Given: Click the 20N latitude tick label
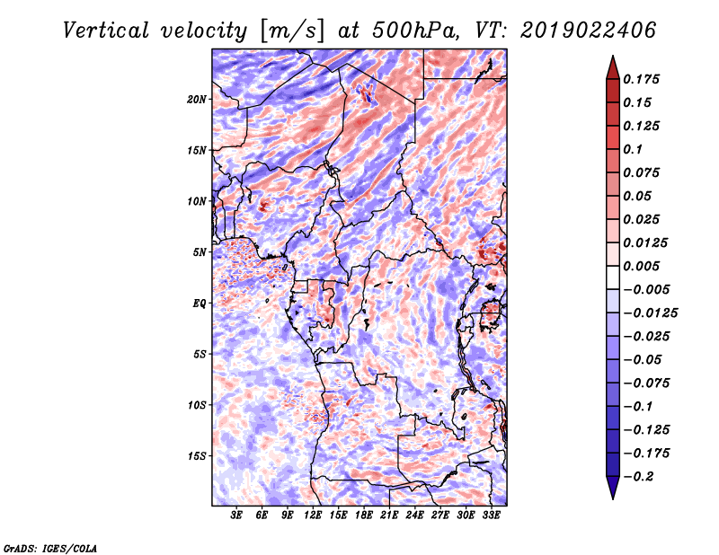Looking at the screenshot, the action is [x=197, y=100].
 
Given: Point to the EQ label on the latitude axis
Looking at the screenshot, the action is [x=200, y=304].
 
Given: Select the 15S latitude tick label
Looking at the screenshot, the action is [x=197, y=456].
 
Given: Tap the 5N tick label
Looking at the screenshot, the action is [x=200, y=252].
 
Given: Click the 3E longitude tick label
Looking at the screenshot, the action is [x=236, y=515].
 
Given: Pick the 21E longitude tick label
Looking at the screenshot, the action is [x=389, y=515].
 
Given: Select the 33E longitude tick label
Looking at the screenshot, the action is [x=491, y=515].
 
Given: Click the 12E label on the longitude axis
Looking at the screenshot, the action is [x=313, y=515].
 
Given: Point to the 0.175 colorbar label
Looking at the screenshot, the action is [x=641, y=79].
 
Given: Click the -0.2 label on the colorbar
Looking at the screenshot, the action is [x=639, y=477].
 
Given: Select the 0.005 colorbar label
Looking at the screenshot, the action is [x=641, y=266].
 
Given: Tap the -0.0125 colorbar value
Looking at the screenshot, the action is [x=650, y=313].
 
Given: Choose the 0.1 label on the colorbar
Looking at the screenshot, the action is [x=633, y=149].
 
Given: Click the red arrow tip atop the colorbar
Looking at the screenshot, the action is [x=613, y=56].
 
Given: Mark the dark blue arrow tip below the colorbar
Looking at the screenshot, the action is [x=613, y=498].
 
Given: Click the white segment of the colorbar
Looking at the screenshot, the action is [x=613, y=277].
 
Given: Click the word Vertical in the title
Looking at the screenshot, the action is [x=106, y=31].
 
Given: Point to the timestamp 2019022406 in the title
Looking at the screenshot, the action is [x=589, y=31].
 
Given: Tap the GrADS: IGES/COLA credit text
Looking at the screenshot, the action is [x=50, y=548].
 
